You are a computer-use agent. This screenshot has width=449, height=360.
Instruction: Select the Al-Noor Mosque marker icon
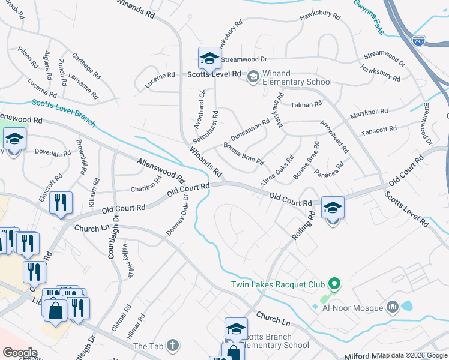tap(393, 307)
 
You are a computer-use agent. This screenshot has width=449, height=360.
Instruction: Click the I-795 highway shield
tap(418, 41)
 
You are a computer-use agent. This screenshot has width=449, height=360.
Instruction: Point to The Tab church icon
tap(172, 345)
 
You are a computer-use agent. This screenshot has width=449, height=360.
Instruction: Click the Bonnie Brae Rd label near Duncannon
tap(243, 154)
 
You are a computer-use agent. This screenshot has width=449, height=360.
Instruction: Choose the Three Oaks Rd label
tap(277, 170)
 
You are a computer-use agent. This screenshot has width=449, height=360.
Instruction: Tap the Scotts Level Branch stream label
tap(63, 112)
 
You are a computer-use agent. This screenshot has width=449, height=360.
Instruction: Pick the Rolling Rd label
tap(304, 225)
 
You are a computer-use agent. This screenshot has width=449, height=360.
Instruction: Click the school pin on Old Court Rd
tap(333, 208)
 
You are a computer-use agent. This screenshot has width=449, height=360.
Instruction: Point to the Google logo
tap(20, 353)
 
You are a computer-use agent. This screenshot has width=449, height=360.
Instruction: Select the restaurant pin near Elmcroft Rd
tap(61, 203)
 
